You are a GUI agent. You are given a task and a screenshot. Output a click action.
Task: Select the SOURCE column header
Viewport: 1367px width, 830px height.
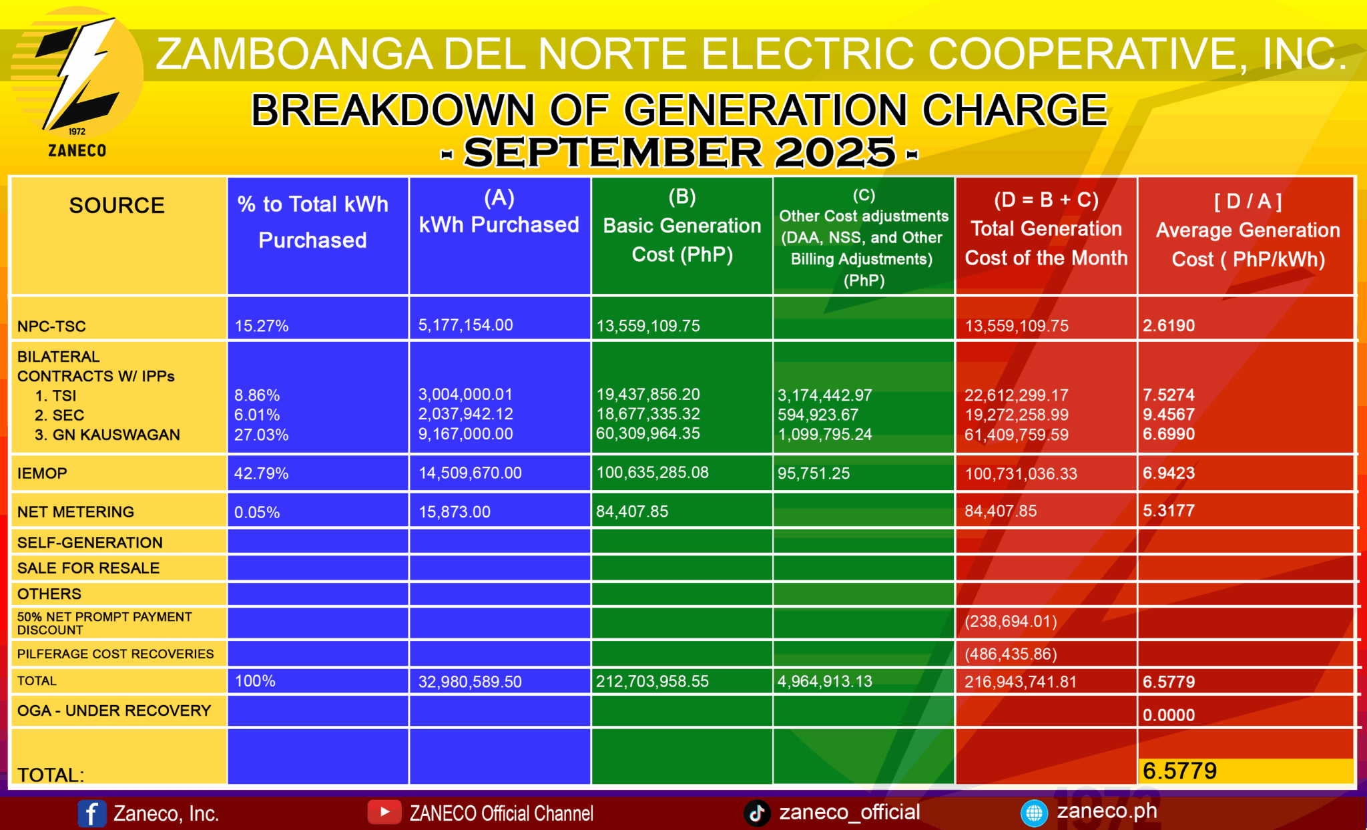point(117,206)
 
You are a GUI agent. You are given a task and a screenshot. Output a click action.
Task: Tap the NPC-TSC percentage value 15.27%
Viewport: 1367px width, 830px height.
point(261,326)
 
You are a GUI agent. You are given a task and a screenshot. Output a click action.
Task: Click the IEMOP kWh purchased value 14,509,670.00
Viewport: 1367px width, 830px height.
point(470,473)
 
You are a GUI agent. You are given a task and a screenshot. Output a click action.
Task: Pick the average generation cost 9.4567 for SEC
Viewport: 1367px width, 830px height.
point(1168,415)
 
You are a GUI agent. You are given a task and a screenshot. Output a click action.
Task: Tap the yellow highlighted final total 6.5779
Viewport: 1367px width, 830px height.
point(1179,771)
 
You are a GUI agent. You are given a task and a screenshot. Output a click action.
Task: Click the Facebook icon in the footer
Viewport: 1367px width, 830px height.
point(91,813)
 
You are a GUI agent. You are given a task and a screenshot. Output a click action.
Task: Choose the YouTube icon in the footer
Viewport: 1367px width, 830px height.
point(384,812)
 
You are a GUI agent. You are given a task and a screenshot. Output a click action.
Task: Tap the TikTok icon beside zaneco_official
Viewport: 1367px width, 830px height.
point(757,813)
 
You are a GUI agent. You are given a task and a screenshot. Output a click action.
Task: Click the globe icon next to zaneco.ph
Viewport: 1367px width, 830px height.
point(1034,813)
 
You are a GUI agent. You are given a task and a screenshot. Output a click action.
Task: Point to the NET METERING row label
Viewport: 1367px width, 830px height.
point(75,512)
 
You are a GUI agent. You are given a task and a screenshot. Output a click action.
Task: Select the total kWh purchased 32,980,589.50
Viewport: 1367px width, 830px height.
point(470,682)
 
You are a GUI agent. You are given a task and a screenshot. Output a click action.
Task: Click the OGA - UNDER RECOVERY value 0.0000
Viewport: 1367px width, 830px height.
point(1168,715)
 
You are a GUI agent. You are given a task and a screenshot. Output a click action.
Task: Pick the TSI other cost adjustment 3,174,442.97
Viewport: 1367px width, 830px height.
point(824,395)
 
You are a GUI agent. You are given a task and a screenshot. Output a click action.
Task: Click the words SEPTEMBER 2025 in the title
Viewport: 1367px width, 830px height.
point(679,153)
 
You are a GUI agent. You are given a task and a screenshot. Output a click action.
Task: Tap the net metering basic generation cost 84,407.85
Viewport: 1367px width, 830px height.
point(631,511)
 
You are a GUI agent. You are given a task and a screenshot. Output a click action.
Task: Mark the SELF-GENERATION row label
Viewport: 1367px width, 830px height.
point(89,543)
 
